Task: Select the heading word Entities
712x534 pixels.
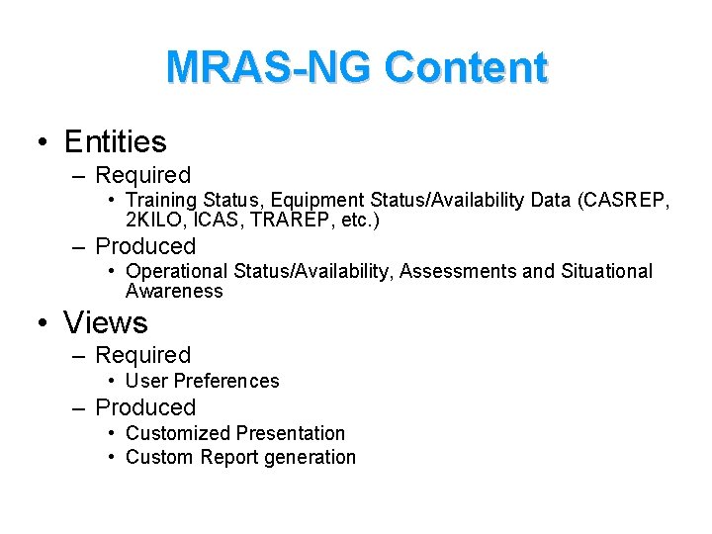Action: [x=115, y=142]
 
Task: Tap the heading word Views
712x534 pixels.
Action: [x=106, y=322]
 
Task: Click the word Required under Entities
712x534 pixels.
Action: [x=142, y=175]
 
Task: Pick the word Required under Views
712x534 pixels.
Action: [x=142, y=355]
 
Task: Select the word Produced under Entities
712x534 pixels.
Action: [x=145, y=246]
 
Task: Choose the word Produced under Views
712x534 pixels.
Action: [x=145, y=407]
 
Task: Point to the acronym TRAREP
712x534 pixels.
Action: [x=292, y=220]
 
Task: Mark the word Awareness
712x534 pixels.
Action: [x=174, y=291]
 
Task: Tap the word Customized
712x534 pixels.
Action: [x=179, y=433]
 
